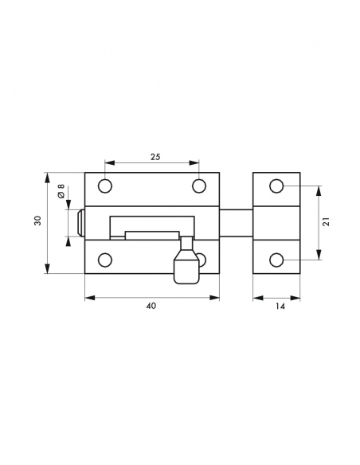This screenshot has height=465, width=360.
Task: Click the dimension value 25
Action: pos(155,157)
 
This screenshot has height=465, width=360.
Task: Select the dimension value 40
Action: pos(151,307)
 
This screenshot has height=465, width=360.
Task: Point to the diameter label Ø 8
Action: pos(61,193)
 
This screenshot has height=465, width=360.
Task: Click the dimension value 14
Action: pos(278,307)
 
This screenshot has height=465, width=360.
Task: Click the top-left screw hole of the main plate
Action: pos(104,186)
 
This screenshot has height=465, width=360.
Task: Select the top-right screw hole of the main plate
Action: pos(199,186)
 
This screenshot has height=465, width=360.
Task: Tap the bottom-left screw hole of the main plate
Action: pos(104,259)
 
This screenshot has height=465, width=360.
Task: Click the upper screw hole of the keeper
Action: pos(276,186)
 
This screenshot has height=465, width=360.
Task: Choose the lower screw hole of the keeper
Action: pos(276,260)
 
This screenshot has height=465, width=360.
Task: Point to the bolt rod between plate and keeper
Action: pos(237,222)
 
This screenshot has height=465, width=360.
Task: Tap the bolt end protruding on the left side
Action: pos(80,223)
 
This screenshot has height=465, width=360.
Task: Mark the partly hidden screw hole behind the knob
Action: pos(202,259)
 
